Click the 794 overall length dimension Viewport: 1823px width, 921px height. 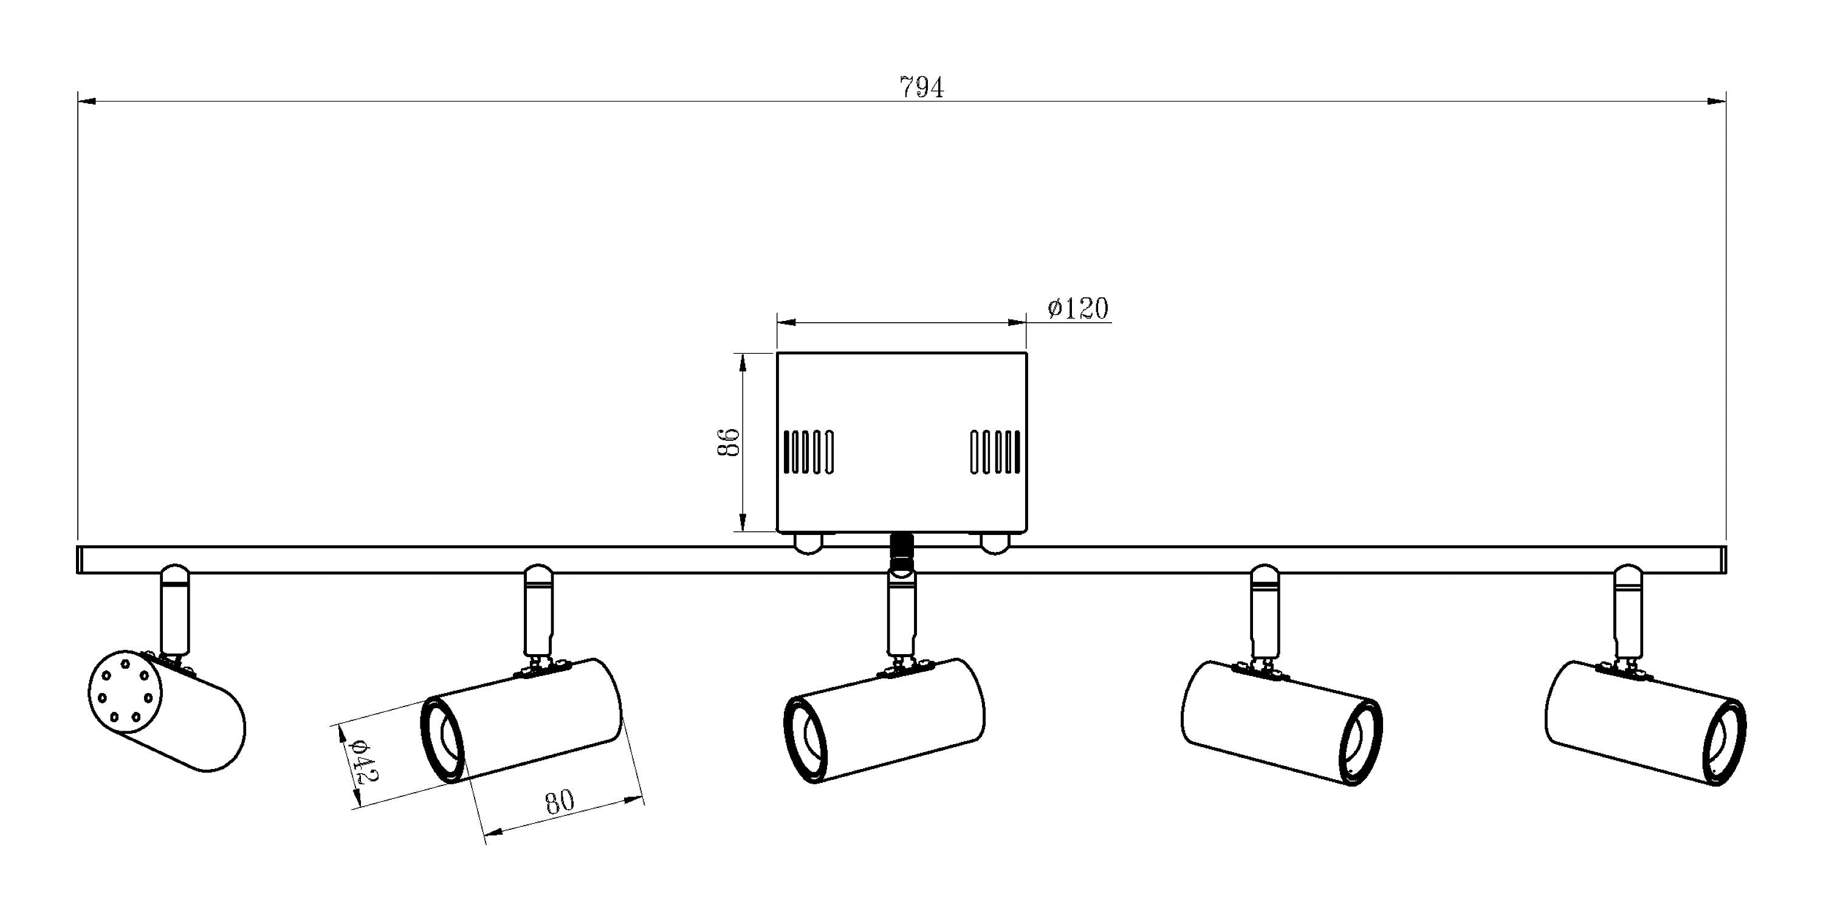(x=921, y=88)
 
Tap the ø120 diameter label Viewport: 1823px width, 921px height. (x=1078, y=309)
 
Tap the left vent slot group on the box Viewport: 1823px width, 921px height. (x=808, y=452)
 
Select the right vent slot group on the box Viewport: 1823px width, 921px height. (x=995, y=452)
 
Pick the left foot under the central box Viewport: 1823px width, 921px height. (x=808, y=542)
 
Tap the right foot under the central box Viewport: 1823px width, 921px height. (x=994, y=542)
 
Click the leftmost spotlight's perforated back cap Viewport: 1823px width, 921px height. (x=125, y=690)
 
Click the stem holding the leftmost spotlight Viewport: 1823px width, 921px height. (x=176, y=610)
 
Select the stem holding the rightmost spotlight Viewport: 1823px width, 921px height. (x=1629, y=610)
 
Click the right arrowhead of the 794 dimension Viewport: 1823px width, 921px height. (x=1717, y=102)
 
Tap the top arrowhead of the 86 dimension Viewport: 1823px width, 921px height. (x=743, y=362)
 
